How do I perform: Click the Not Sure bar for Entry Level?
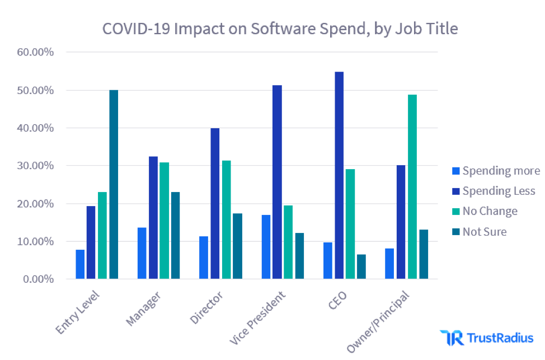tap(114, 185)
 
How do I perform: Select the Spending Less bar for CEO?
tap(339, 175)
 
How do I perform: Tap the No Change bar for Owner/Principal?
tap(412, 186)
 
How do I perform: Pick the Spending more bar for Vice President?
tap(266, 247)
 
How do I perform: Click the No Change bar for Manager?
tap(165, 221)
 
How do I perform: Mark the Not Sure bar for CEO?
tap(361, 267)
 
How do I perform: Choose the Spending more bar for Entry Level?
tap(80, 264)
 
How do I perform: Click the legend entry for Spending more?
tap(495, 171)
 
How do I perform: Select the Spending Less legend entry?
tap(493, 191)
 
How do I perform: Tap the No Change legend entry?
tap(484, 212)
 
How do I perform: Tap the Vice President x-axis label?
tap(259, 318)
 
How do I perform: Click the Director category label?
tap(206, 307)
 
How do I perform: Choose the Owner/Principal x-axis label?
tap(378, 321)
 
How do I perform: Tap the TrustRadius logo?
tap(486, 338)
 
